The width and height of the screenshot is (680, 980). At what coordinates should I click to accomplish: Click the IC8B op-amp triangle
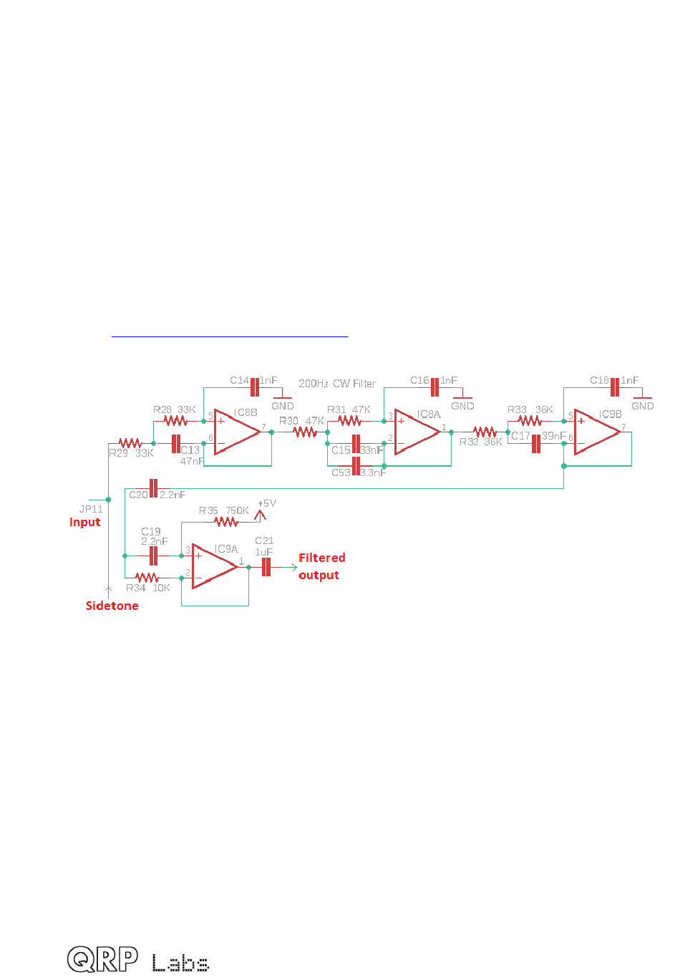coord(236,432)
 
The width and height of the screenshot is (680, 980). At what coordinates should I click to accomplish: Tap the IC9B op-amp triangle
coord(596,432)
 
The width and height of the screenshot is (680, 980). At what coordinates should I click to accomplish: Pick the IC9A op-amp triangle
coord(214,566)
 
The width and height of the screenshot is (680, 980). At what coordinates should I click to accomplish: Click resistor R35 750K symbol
coord(226,522)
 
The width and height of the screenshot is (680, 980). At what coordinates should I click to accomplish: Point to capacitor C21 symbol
coord(266,567)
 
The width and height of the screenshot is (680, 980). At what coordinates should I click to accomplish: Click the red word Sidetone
coord(112,606)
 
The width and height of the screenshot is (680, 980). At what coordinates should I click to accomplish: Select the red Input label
coord(84,522)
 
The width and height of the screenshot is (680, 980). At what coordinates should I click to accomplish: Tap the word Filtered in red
coord(321,558)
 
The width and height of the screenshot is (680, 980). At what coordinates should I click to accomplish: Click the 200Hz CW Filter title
coord(336,384)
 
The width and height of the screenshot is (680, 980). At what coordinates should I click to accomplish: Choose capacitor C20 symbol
coord(152,488)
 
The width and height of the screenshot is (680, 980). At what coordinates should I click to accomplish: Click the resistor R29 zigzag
coord(130,443)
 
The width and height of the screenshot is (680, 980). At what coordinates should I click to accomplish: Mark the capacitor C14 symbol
coord(254,387)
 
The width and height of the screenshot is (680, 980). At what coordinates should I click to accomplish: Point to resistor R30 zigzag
coord(305,432)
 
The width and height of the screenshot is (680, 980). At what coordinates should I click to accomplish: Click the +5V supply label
coord(266,504)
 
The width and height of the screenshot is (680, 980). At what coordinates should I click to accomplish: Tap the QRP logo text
coord(103,959)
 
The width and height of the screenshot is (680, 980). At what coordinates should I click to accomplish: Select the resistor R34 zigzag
coord(147,577)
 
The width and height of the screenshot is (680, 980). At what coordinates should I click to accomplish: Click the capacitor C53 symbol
coord(356,466)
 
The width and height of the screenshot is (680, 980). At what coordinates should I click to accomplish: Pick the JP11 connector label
coord(91,509)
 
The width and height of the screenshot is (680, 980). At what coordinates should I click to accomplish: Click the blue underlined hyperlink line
coord(230,335)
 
